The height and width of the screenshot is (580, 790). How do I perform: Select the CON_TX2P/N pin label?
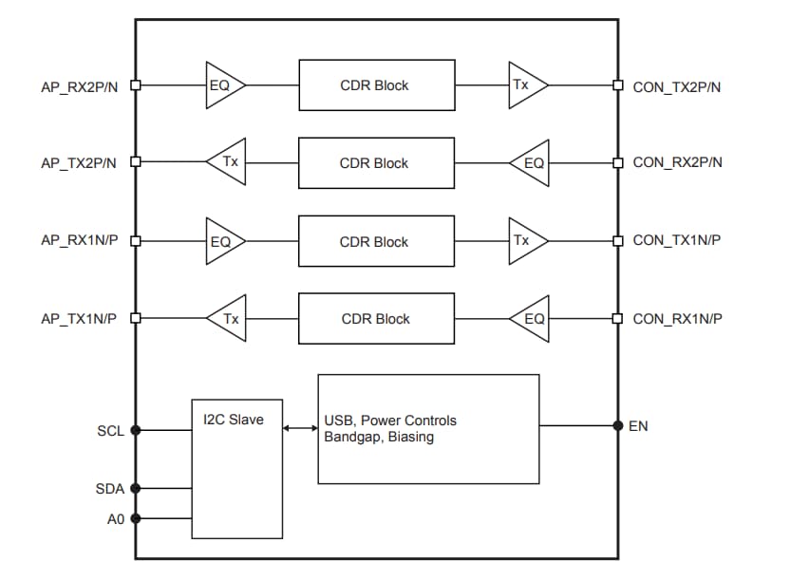(677, 86)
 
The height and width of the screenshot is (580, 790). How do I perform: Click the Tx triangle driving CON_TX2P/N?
(525, 84)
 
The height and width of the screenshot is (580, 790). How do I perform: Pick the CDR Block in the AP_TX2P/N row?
(374, 163)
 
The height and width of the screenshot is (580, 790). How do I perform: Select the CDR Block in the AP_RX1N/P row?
(374, 242)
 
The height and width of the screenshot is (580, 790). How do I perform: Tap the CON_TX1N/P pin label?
(677, 240)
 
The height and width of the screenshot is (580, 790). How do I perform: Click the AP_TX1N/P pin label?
(78, 319)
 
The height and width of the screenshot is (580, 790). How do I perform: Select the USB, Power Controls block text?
(390, 421)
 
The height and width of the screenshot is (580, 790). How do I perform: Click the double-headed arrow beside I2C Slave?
(300, 429)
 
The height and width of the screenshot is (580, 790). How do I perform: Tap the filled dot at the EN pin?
(618, 425)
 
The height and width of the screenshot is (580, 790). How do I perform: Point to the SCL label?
(110, 431)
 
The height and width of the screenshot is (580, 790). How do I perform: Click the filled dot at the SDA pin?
(135, 489)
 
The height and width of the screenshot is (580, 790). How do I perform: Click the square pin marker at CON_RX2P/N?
(618, 162)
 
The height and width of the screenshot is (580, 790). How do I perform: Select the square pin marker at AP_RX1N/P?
(135, 240)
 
